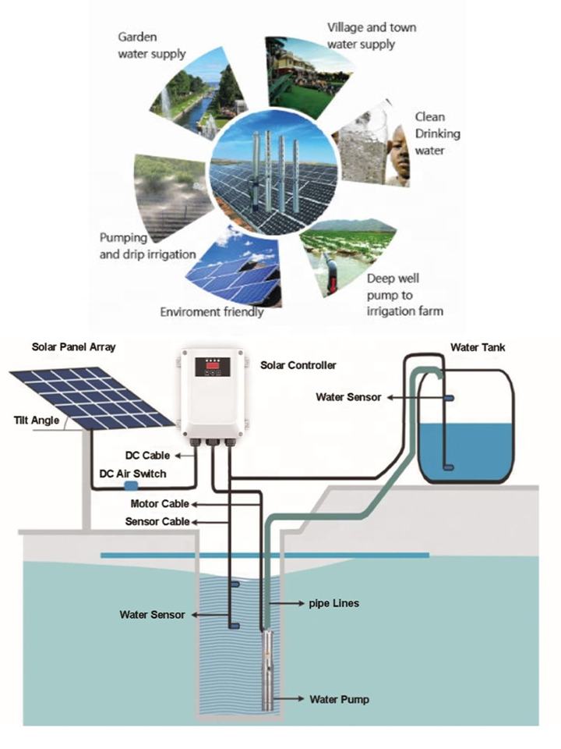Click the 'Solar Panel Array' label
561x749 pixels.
(73, 346)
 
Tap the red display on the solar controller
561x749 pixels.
(212, 367)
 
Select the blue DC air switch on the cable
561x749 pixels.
(131, 486)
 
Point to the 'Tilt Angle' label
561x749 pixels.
(37, 421)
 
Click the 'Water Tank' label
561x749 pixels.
(478, 347)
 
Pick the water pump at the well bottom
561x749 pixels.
(268, 669)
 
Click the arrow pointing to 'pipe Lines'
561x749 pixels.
(288, 603)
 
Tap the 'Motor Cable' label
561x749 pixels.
(160, 503)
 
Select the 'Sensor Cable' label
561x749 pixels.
(157, 521)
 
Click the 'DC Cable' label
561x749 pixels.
(147, 455)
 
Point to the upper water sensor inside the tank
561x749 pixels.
(449, 397)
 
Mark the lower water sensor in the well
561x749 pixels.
(235, 625)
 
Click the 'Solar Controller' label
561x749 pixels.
(298, 365)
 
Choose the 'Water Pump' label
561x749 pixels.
(339, 699)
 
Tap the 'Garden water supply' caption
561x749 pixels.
(152, 45)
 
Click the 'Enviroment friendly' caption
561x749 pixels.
(212, 312)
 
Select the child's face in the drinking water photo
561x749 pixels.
(398, 153)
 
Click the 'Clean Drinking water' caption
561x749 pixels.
(437, 133)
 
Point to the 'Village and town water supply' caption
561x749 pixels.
(372, 36)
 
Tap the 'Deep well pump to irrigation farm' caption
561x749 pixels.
(405, 295)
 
